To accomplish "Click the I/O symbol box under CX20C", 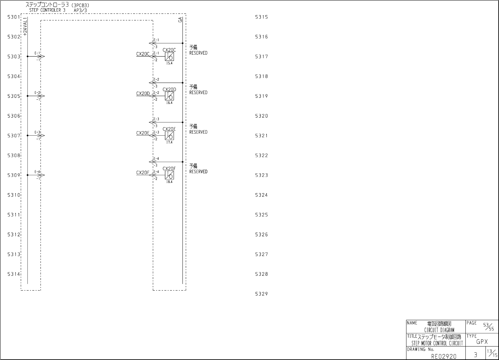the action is [169, 57].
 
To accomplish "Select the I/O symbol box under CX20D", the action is [169, 96].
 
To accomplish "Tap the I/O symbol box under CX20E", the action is [169, 136].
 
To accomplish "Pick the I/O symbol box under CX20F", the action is [169, 175].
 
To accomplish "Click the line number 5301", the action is [14, 17].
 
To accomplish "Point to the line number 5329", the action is [262, 294].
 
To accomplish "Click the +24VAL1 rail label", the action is [25, 27].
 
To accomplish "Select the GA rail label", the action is [180, 20].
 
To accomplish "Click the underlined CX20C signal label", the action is [143, 54].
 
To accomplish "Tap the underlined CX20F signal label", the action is [143, 173].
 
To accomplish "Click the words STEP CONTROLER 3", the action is [47, 10].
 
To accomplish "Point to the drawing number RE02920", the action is [444, 356].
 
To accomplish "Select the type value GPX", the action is [482, 342].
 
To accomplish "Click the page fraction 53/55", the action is [488, 326].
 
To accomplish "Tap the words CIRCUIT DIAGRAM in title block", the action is [439, 330].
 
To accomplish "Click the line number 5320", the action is [262, 116].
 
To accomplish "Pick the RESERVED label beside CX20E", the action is [198, 132].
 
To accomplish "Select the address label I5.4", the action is [169, 63].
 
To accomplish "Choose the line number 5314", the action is [14, 274].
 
